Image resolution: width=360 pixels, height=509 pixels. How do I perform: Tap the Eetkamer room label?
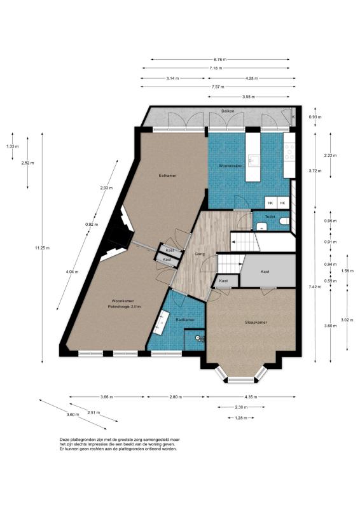click(167, 175)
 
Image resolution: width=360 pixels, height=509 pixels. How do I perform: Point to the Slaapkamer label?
click(256, 323)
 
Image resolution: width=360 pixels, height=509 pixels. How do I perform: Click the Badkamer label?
click(185, 320)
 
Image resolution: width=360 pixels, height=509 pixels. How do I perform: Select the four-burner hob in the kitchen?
click(290, 151)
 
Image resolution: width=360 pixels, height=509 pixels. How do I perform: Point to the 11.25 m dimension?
click(44, 248)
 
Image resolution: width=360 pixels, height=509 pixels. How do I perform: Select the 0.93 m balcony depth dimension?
click(314, 117)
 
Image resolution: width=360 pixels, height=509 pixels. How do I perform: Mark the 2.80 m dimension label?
click(176, 397)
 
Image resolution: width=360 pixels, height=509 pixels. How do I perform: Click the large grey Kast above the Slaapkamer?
click(265, 272)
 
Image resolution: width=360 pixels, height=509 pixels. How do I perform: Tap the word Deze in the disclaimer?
click(66, 440)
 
